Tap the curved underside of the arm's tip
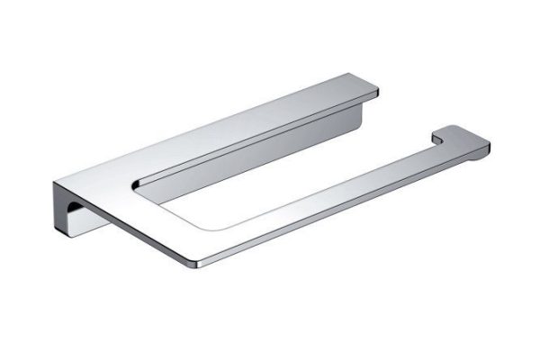[x=477, y=156]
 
